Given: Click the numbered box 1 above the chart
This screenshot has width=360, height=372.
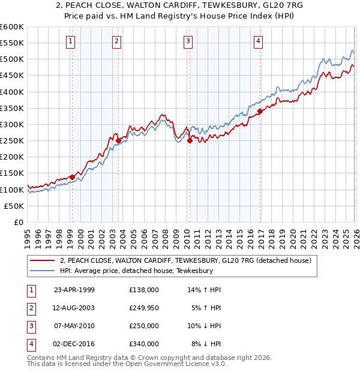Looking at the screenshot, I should coord(71,41).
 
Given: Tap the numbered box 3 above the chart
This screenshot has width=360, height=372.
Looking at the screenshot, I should coord(188,41).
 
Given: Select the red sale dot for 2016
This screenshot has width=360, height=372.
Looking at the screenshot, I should coord(260,111).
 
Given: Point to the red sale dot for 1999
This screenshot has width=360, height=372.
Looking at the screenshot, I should coord(72,177).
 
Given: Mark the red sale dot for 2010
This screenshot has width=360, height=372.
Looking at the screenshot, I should coord(190,140).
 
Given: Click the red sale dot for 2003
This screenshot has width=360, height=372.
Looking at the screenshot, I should coord(118,140).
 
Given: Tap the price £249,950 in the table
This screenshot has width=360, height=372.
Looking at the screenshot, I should coord(143,308).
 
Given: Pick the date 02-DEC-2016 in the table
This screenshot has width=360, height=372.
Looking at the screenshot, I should coord(73,344).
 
